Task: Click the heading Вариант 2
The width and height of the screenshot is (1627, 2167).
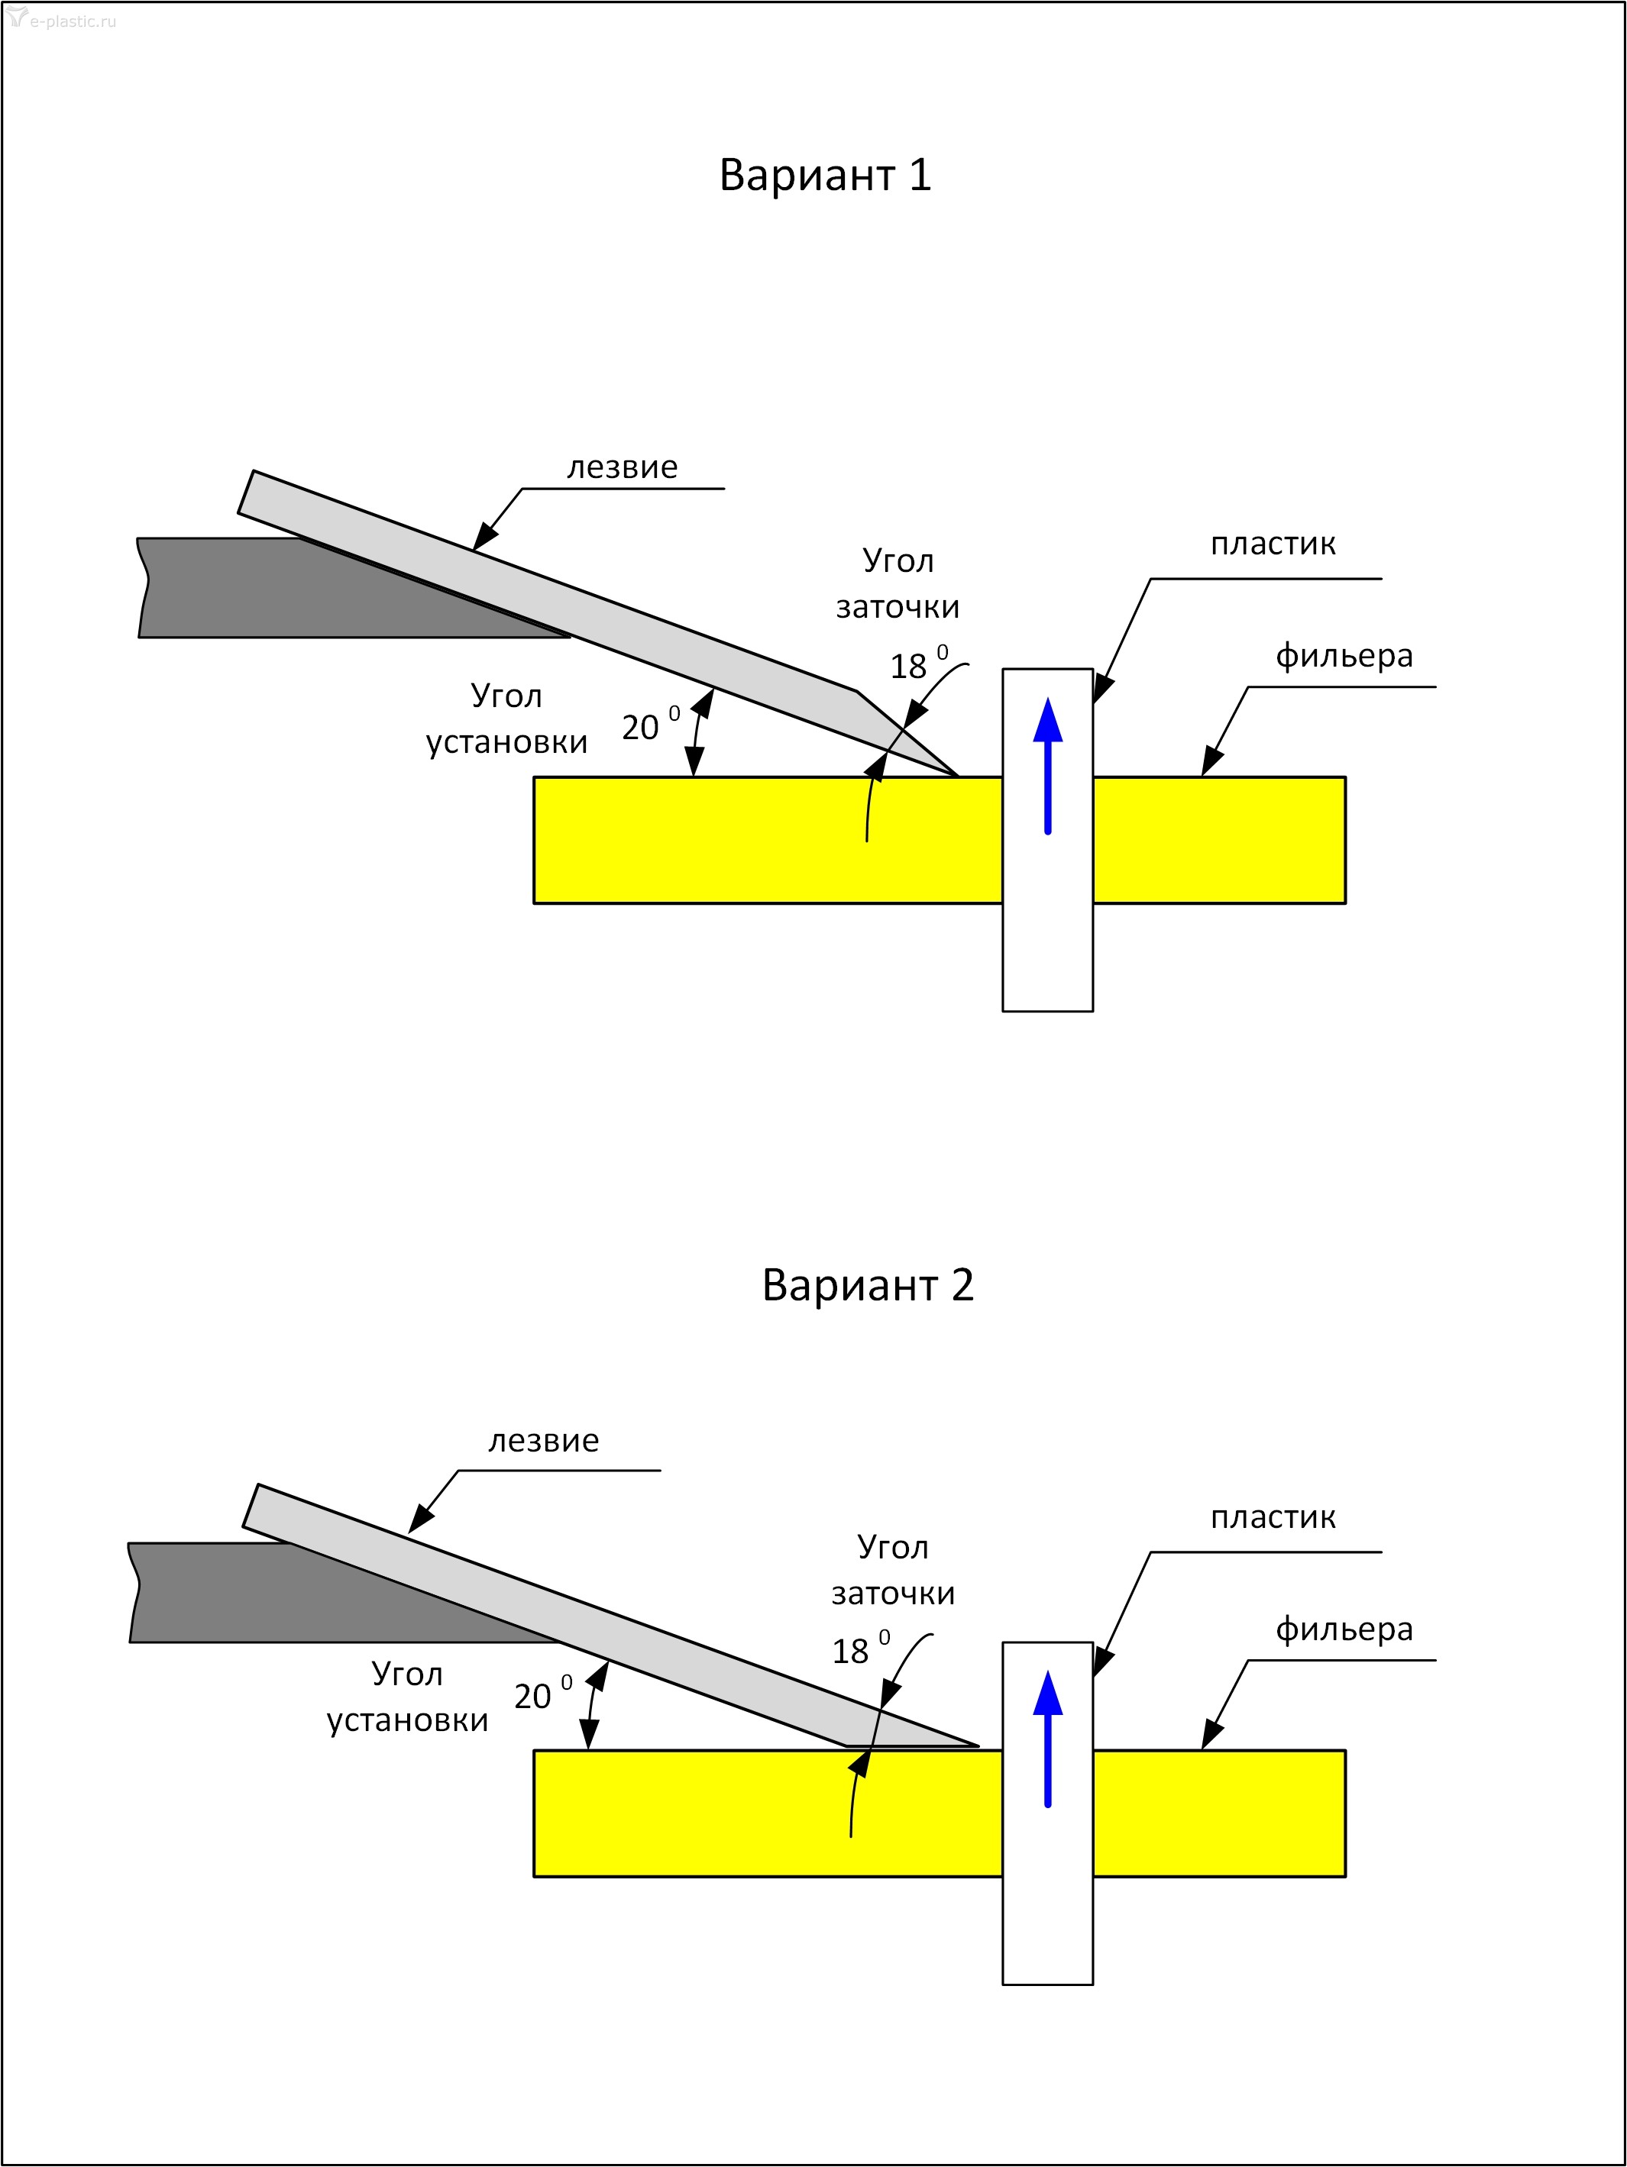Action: pyautogui.click(x=868, y=1285)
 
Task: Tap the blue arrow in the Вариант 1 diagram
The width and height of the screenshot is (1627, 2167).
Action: pyautogui.click(x=1048, y=765)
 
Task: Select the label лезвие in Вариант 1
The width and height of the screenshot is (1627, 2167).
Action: pyautogui.click(x=622, y=467)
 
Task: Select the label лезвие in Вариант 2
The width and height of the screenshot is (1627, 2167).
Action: pyautogui.click(x=543, y=1441)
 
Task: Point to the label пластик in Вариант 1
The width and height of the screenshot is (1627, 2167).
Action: pyautogui.click(x=1273, y=544)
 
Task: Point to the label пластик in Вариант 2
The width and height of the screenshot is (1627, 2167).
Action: pyautogui.click(x=1273, y=1517)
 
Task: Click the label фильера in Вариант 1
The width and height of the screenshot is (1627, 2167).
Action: pyautogui.click(x=1344, y=655)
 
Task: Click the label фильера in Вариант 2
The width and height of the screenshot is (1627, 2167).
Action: pyautogui.click(x=1344, y=1629)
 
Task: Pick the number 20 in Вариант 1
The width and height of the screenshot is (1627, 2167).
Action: pyautogui.click(x=640, y=728)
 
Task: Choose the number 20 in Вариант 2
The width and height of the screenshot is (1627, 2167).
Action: pyautogui.click(x=532, y=1697)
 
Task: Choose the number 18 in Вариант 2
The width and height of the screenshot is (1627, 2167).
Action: pyautogui.click(x=849, y=1652)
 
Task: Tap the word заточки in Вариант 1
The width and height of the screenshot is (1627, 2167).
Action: pyautogui.click(x=897, y=607)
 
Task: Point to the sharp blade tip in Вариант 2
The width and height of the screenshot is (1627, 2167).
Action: pyautogui.click(x=976, y=1745)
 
